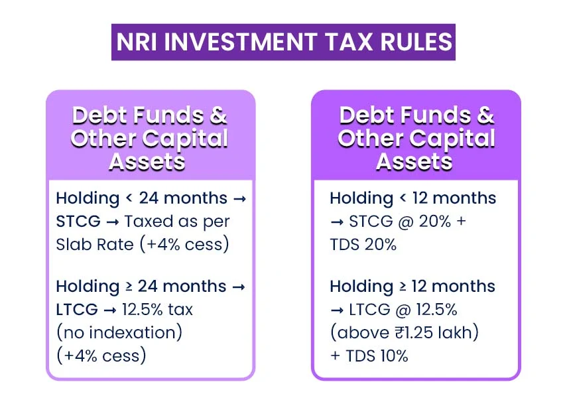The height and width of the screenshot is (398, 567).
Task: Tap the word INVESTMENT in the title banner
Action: (241, 42)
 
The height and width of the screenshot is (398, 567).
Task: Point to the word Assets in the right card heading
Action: (414, 161)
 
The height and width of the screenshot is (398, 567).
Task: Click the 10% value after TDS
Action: (393, 356)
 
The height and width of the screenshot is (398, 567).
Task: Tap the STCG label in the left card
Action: (78, 222)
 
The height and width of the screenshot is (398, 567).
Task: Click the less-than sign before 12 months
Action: (403, 198)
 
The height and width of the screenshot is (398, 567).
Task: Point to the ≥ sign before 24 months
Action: (129, 287)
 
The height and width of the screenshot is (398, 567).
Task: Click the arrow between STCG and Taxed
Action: (113, 222)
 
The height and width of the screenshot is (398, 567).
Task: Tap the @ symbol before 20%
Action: (406, 222)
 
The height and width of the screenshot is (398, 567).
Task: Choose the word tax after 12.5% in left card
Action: (180, 310)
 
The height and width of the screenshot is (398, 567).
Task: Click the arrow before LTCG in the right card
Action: (337, 310)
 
